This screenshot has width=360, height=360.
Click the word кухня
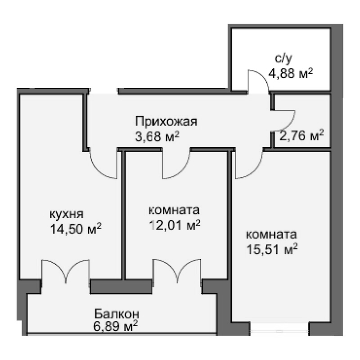67,214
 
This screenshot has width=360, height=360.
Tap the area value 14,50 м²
76,229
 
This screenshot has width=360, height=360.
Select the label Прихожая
166,121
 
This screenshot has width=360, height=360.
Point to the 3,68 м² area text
157,137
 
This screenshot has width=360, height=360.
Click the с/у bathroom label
283,58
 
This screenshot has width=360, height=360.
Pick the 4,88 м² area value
291,73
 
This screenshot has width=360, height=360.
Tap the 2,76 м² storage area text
301,136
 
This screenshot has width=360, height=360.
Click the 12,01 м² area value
175,225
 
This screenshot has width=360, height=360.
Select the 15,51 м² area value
272,249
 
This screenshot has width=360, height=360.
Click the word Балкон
117,314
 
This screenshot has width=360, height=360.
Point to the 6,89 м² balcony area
116,326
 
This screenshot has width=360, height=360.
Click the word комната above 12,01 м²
174,210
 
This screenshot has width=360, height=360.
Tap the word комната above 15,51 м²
271,234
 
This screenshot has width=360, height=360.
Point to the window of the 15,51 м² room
279,331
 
